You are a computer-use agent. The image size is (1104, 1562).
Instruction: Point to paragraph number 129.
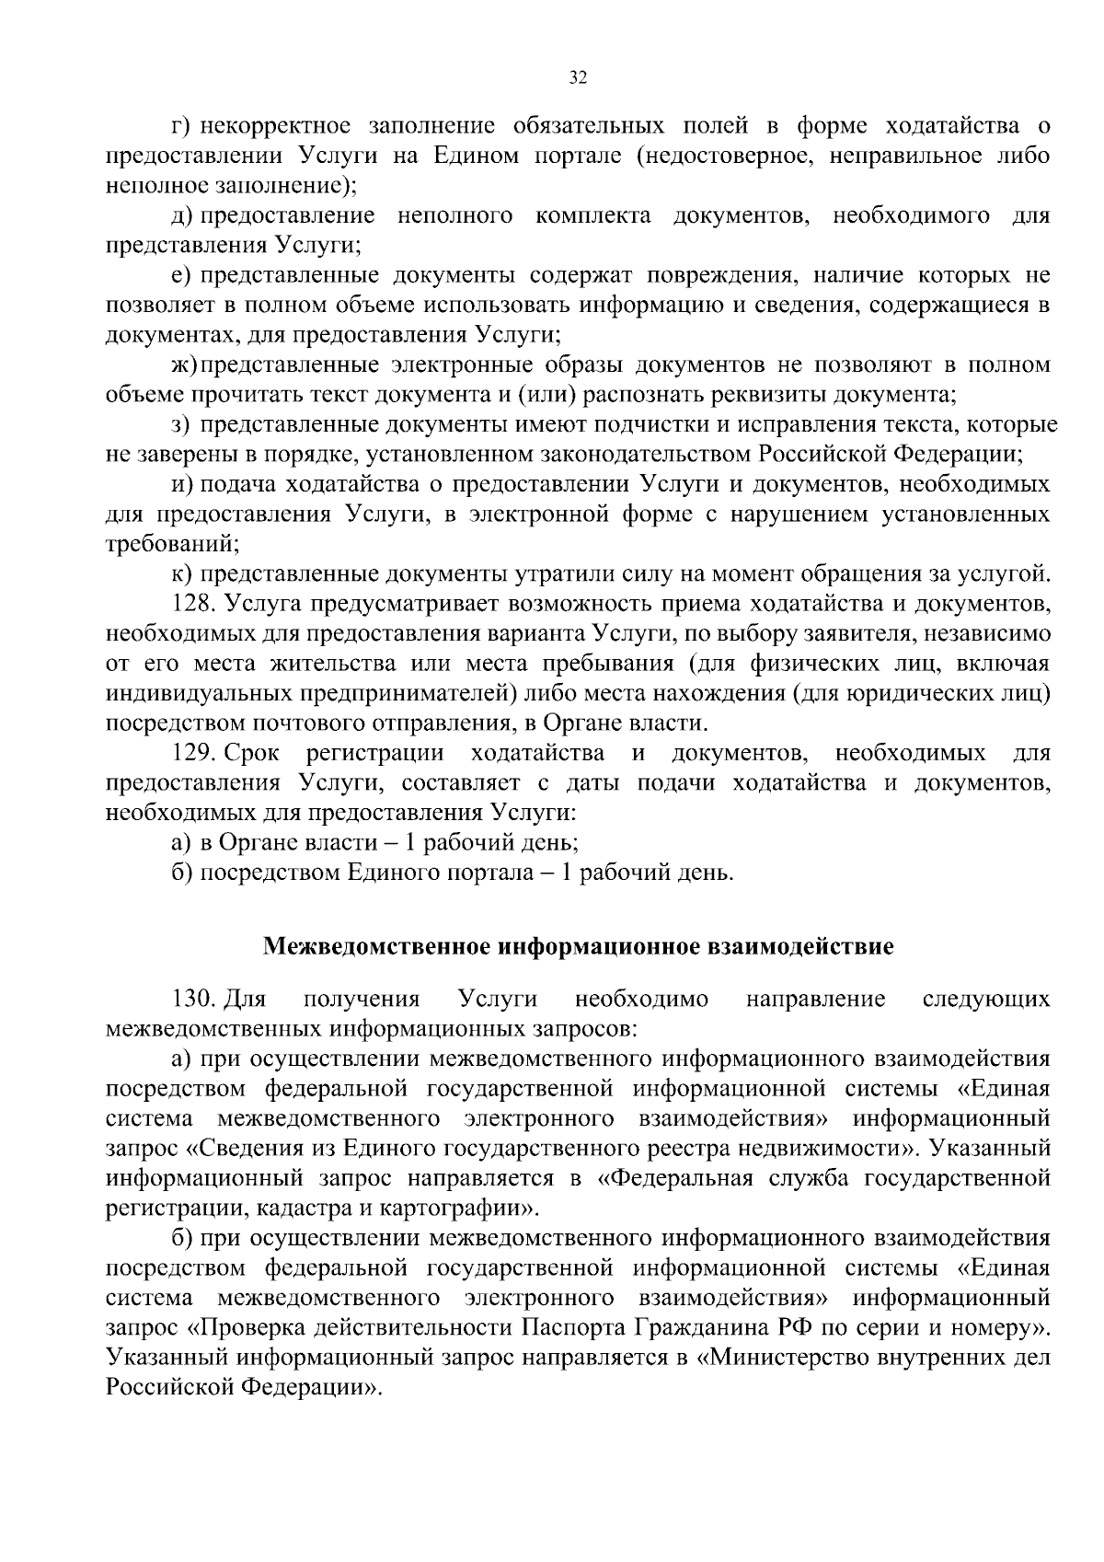pos(192,754)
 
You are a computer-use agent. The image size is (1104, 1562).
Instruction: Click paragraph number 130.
pos(192,999)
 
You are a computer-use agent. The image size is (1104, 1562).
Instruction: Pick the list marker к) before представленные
pos(182,574)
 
